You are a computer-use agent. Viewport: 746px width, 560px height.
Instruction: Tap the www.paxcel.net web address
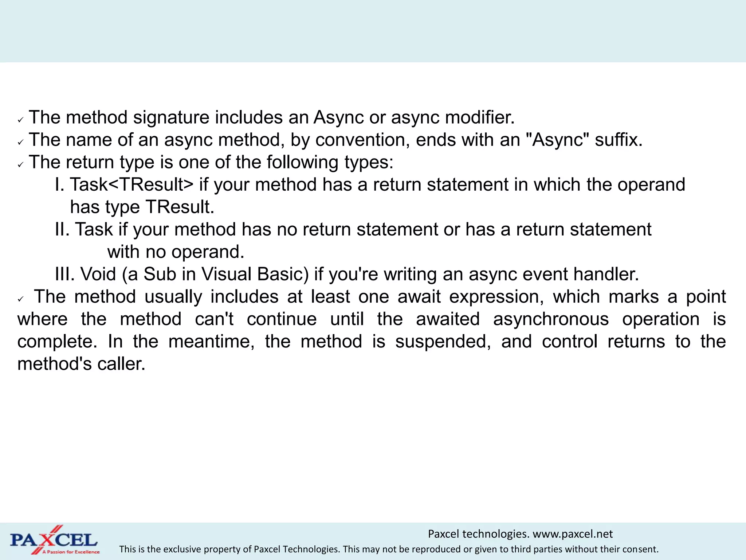(573, 534)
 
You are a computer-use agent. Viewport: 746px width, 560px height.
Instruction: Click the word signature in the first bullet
(171, 118)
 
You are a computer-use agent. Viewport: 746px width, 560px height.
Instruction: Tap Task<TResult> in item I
(131, 184)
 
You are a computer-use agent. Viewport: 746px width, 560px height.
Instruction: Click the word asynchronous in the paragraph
(551, 319)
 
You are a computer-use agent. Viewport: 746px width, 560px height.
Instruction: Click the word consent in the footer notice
(642, 549)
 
